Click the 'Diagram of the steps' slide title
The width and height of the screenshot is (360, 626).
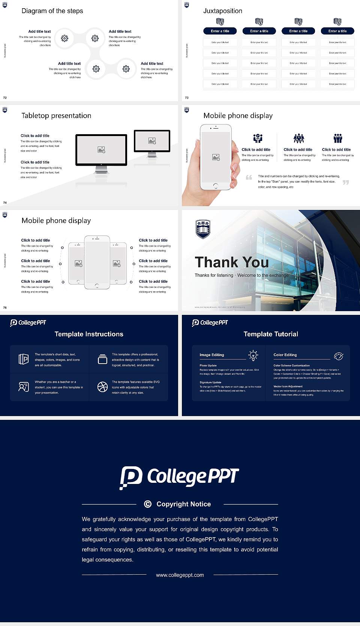pyautogui.click(x=52, y=11)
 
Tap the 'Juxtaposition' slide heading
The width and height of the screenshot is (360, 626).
pyautogui.click(x=222, y=11)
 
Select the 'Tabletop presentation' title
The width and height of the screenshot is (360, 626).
pyautogui.click(x=56, y=115)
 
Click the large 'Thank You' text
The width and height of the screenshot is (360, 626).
pyautogui.click(x=231, y=262)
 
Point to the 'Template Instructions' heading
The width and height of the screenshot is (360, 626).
pyautogui.click(x=89, y=334)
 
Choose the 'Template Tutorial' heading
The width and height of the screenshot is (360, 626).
pyautogui.click(x=271, y=334)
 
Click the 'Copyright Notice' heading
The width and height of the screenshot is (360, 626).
pyautogui.click(x=183, y=504)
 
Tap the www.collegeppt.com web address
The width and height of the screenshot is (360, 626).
pyautogui.click(x=180, y=575)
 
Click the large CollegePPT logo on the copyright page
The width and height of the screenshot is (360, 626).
pyautogui.click(x=179, y=477)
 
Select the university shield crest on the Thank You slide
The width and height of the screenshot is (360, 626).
pyautogui.click(x=203, y=229)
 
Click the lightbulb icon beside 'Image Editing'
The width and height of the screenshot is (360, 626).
pyautogui.click(x=253, y=355)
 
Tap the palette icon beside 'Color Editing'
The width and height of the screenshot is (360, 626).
pyautogui.click(x=339, y=356)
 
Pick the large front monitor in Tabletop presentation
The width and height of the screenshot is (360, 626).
pyautogui.click(x=101, y=150)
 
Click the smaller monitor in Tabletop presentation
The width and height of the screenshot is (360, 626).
pyautogui.click(x=152, y=141)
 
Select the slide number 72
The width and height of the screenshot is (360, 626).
pyautogui.click(x=5, y=98)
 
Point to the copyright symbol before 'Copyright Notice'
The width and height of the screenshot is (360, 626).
pyautogui.click(x=148, y=504)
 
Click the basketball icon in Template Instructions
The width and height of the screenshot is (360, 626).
pyautogui.click(x=102, y=387)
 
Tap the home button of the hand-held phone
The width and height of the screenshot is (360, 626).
pyautogui.click(x=215, y=186)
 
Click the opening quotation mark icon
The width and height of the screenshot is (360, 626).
pyautogui.click(x=249, y=177)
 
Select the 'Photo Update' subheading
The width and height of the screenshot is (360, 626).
pyautogui.click(x=208, y=365)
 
